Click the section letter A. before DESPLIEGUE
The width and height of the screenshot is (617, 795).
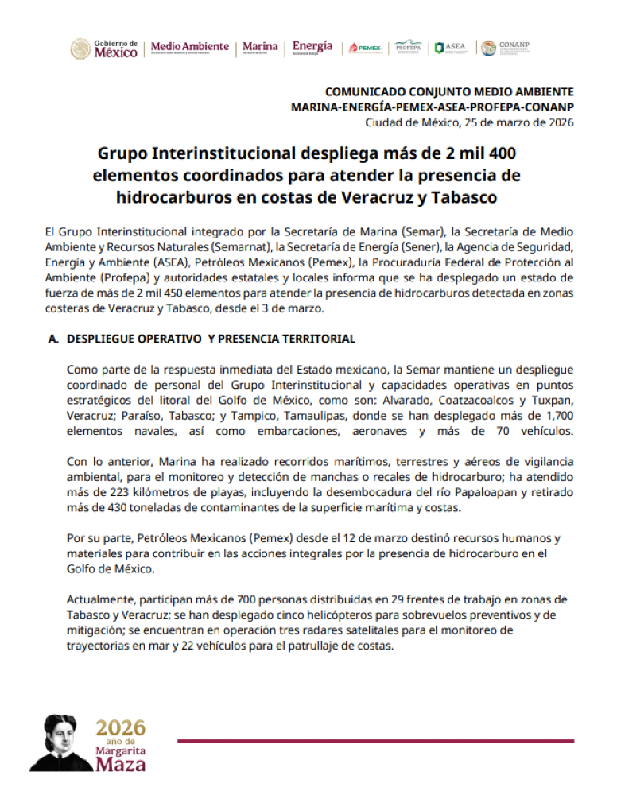click(x=55, y=339)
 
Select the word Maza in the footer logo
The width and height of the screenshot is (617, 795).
click(x=121, y=765)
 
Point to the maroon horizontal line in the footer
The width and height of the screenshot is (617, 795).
click(x=374, y=741)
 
